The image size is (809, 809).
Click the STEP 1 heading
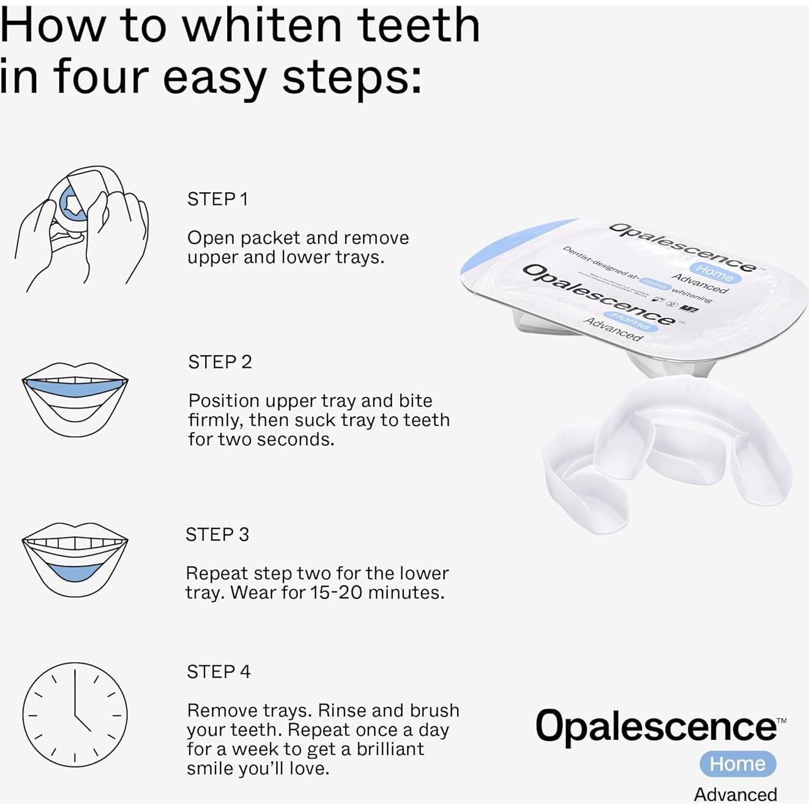[217, 199]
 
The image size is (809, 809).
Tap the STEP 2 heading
[220, 362]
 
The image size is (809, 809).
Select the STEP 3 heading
[217, 535]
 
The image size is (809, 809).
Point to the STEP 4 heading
[218, 672]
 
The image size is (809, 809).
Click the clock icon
[75, 714]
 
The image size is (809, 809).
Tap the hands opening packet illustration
[81, 228]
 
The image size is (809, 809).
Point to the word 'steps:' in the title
[352, 78]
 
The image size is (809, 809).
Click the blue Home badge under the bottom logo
[737, 764]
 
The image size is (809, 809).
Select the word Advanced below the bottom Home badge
[735, 794]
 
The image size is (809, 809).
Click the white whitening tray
[667, 453]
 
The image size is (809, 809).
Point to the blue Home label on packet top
[715, 272]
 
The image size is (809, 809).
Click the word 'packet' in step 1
[271, 238]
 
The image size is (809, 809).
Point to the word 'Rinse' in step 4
[342, 710]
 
